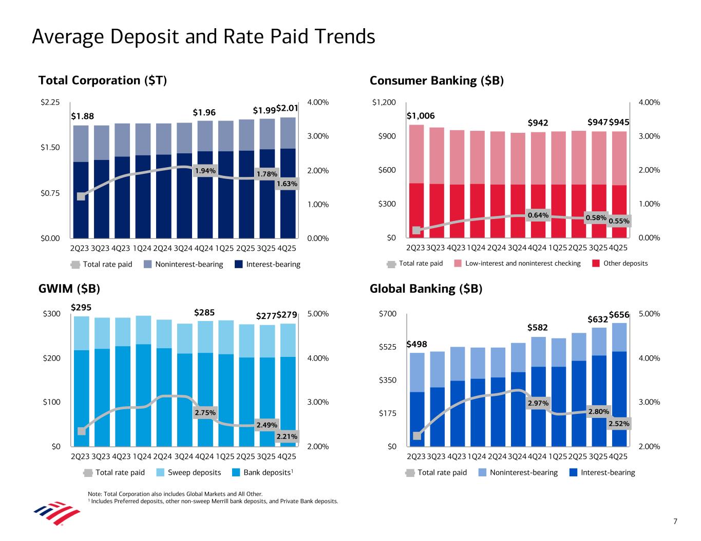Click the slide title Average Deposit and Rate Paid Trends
point(203,37)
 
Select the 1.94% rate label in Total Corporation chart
point(205,171)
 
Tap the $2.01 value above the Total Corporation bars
point(287,109)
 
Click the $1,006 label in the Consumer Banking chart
point(421,116)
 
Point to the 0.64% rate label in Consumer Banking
point(538,215)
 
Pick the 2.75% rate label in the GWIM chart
point(205,413)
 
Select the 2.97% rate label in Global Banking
point(538,404)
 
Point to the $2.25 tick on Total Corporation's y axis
point(50,103)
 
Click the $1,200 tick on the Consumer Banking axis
point(384,103)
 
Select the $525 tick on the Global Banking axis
point(386,347)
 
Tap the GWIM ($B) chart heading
point(69,289)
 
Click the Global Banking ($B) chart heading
point(426,289)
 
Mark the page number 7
point(675,522)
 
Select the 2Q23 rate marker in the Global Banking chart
point(417,436)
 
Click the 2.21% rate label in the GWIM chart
point(287,437)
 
